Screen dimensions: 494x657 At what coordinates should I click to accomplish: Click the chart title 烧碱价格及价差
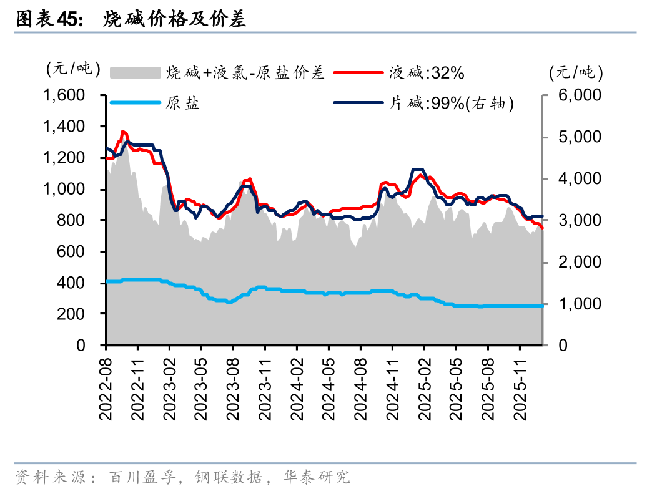click(175, 20)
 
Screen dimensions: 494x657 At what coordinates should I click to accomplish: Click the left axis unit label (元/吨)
click(73, 69)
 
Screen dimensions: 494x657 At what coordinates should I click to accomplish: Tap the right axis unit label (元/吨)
click(576, 73)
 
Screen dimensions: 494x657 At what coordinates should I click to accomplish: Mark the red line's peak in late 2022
click(123, 132)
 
